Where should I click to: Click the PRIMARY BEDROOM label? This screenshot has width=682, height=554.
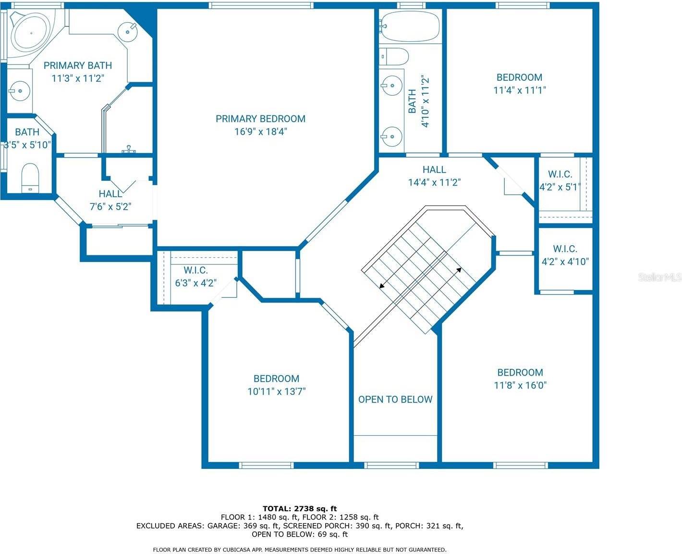(x=260, y=119)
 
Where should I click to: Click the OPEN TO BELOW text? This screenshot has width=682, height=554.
(x=395, y=399)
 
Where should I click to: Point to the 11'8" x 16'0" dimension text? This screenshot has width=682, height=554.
(x=520, y=385)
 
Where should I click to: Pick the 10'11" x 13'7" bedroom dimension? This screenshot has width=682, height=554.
(x=276, y=391)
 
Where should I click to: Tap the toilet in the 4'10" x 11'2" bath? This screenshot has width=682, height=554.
(x=394, y=56)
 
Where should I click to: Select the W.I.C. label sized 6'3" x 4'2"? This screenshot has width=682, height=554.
(x=195, y=270)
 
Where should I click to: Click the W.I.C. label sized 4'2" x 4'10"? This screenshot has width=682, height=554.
(x=565, y=249)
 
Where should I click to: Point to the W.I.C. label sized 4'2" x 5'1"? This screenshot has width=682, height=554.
(x=560, y=174)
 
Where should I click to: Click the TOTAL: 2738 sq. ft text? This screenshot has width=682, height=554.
(x=300, y=508)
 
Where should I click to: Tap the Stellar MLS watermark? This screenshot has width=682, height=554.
(x=659, y=277)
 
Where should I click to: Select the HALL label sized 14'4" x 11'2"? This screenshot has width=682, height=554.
(x=434, y=169)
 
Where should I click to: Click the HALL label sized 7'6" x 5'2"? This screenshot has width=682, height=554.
(x=110, y=194)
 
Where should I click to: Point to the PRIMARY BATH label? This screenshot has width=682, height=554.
(x=78, y=65)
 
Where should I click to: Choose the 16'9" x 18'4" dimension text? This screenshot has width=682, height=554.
(x=260, y=132)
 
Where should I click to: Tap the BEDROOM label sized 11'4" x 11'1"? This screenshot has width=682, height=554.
(x=519, y=77)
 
